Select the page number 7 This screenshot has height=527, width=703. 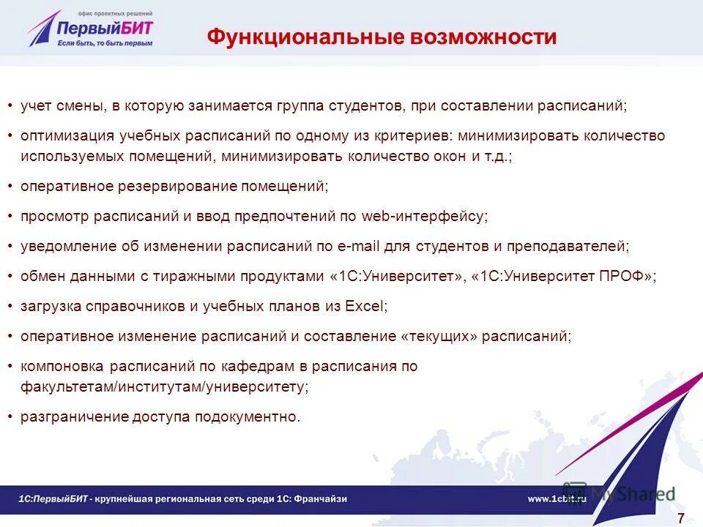point(680,518)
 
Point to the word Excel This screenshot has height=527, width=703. point(365,307)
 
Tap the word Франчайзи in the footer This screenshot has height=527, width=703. point(321,498)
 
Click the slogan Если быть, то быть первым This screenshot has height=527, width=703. point(105,43)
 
